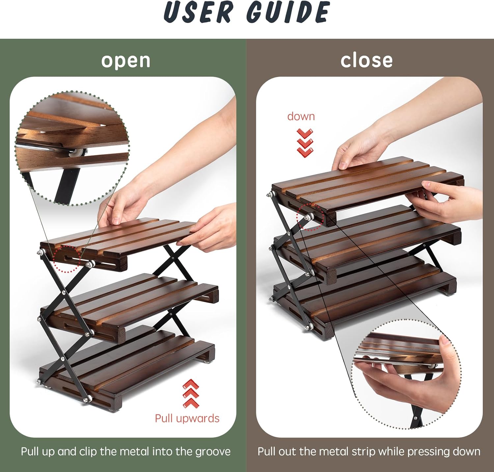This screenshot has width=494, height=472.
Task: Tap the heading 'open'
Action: [126, 60]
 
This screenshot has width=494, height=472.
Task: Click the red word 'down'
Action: [301, 116]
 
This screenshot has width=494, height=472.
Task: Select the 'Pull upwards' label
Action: [187, 418]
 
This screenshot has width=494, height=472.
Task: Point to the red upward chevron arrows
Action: [191, 393]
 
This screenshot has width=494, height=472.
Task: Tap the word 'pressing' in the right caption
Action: [428, 452]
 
